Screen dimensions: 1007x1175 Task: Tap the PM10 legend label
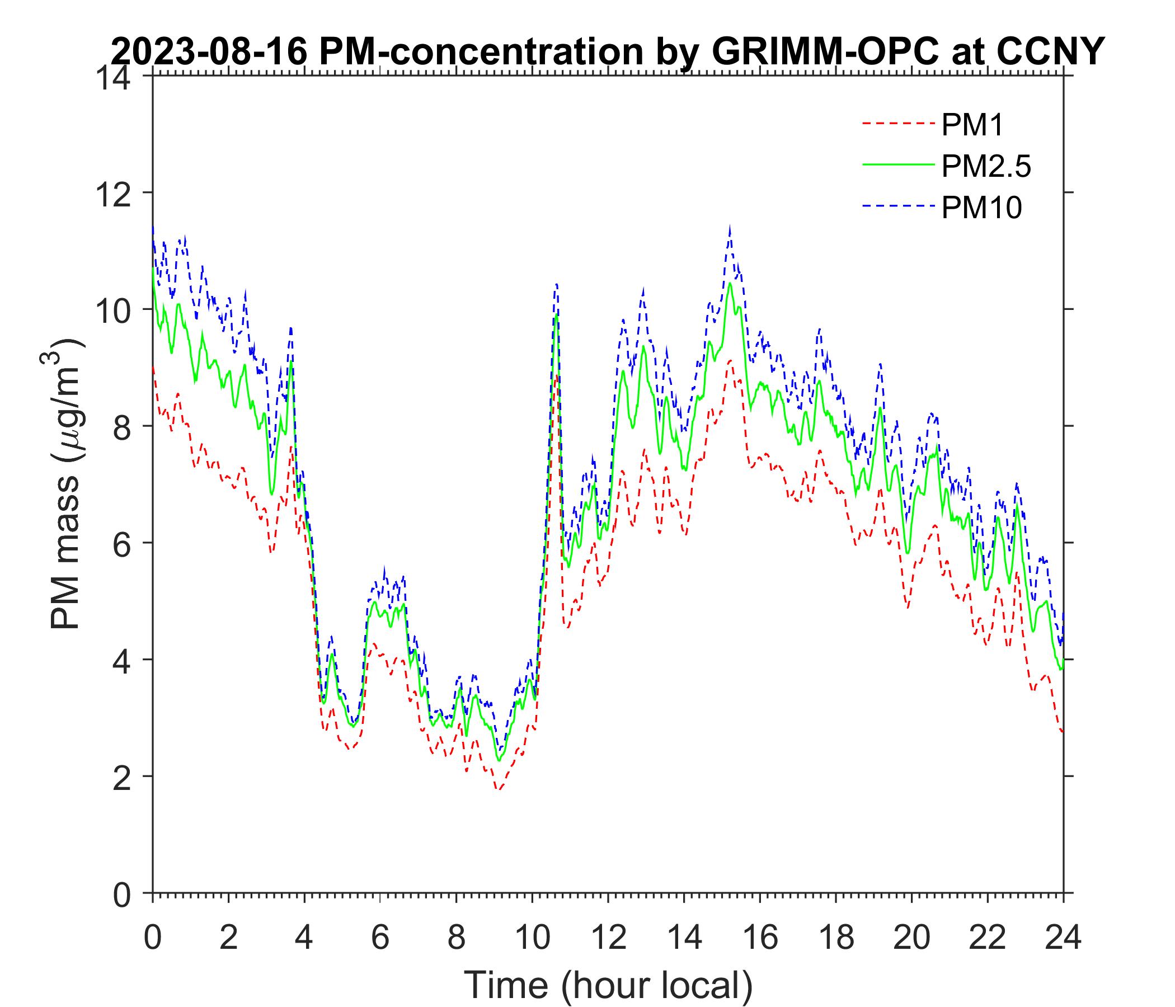[x=981, y=208]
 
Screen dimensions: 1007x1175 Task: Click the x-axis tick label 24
[x=1063, y=937]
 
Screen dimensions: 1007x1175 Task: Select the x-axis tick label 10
[x=532, y=937]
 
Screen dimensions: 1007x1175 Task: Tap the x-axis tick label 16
[x=760, y=937]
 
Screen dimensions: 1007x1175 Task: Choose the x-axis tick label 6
[x=380, y=937]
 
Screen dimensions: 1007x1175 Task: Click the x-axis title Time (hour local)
[x=608, y=985]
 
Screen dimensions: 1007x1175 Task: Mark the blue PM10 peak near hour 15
[x=729, y=228]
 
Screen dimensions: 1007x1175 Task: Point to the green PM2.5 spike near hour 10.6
[x=556, y=316]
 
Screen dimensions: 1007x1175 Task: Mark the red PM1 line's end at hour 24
[x=1062, y=732]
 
